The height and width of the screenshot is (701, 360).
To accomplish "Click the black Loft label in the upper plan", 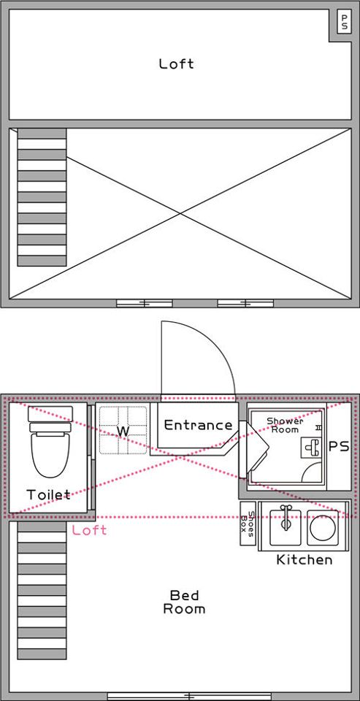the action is [x=177, y=64].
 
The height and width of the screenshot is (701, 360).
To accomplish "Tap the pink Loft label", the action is [x=89, y=530].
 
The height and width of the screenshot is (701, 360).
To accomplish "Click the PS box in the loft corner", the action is [x=343, y=23].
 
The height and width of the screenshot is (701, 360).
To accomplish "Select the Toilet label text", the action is [x=48, y=495].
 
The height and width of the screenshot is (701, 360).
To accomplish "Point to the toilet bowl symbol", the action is [x=50, y=451].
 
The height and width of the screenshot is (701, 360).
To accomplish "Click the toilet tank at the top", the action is [x=50, y=413].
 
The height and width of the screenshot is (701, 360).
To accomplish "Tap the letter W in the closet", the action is [x=123, y=431].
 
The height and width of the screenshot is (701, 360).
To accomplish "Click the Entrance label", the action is [x=198, y=425].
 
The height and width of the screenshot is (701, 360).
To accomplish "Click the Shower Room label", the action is [x=285, y=425].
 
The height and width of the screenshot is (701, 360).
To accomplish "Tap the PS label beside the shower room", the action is [x=339, y=447].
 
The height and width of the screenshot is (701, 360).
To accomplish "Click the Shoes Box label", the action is [x=248, y=521].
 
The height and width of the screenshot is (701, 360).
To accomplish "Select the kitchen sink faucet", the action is [x=286, y=516].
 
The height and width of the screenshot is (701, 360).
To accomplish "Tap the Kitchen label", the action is [x=305, y=559].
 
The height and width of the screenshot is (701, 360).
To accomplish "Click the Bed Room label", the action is [x=184, y=602].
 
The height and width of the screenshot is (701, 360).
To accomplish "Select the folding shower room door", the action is [x=253, y=448].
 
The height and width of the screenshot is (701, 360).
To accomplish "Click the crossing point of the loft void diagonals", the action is [x=180, y=213].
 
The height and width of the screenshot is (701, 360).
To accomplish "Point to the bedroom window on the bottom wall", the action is [x=190, y=696].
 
